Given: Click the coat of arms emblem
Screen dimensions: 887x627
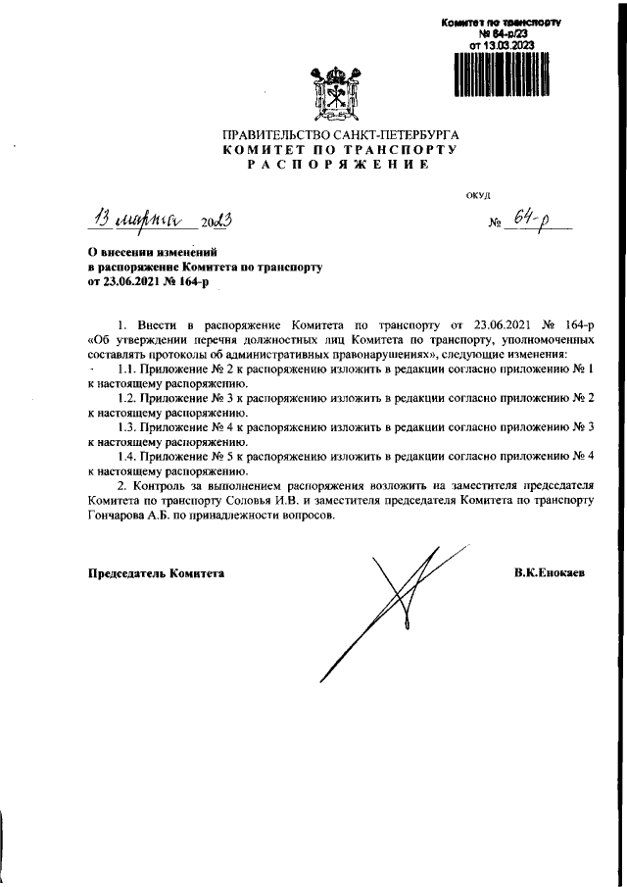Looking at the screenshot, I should pos(336,92).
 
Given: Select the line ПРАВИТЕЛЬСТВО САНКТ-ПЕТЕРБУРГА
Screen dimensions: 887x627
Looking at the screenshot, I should pos(339,132).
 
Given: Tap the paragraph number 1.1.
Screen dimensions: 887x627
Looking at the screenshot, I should pos(126,367).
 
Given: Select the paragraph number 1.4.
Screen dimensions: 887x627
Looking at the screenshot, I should pos(126,456).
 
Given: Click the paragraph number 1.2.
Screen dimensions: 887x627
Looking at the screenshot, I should pos(126,397).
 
